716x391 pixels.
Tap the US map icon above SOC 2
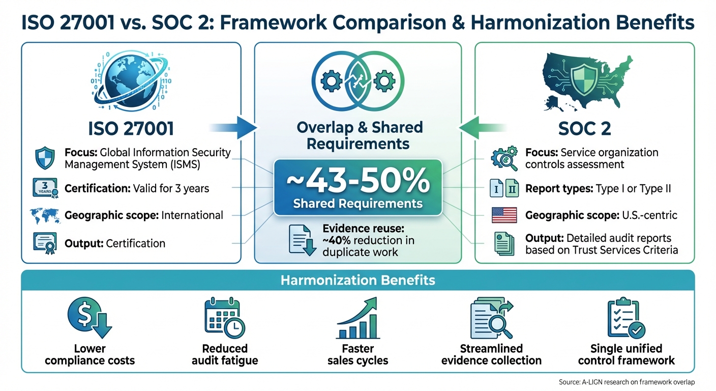tap(584, 81)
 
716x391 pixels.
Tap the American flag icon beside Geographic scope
tap(504, 215)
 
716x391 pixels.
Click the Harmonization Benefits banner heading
tap(357, 280)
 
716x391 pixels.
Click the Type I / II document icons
tap(504, 189)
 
